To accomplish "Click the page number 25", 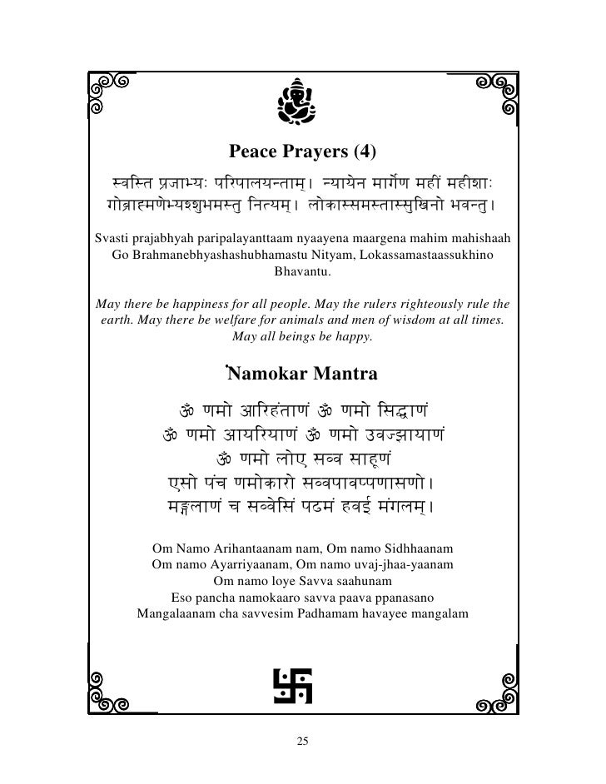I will pyautogui.click(x=302, y=741).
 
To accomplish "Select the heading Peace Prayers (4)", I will pyautogui.click(x=302, y=152).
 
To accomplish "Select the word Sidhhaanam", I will pyautogui.click(x=417, y=550).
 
